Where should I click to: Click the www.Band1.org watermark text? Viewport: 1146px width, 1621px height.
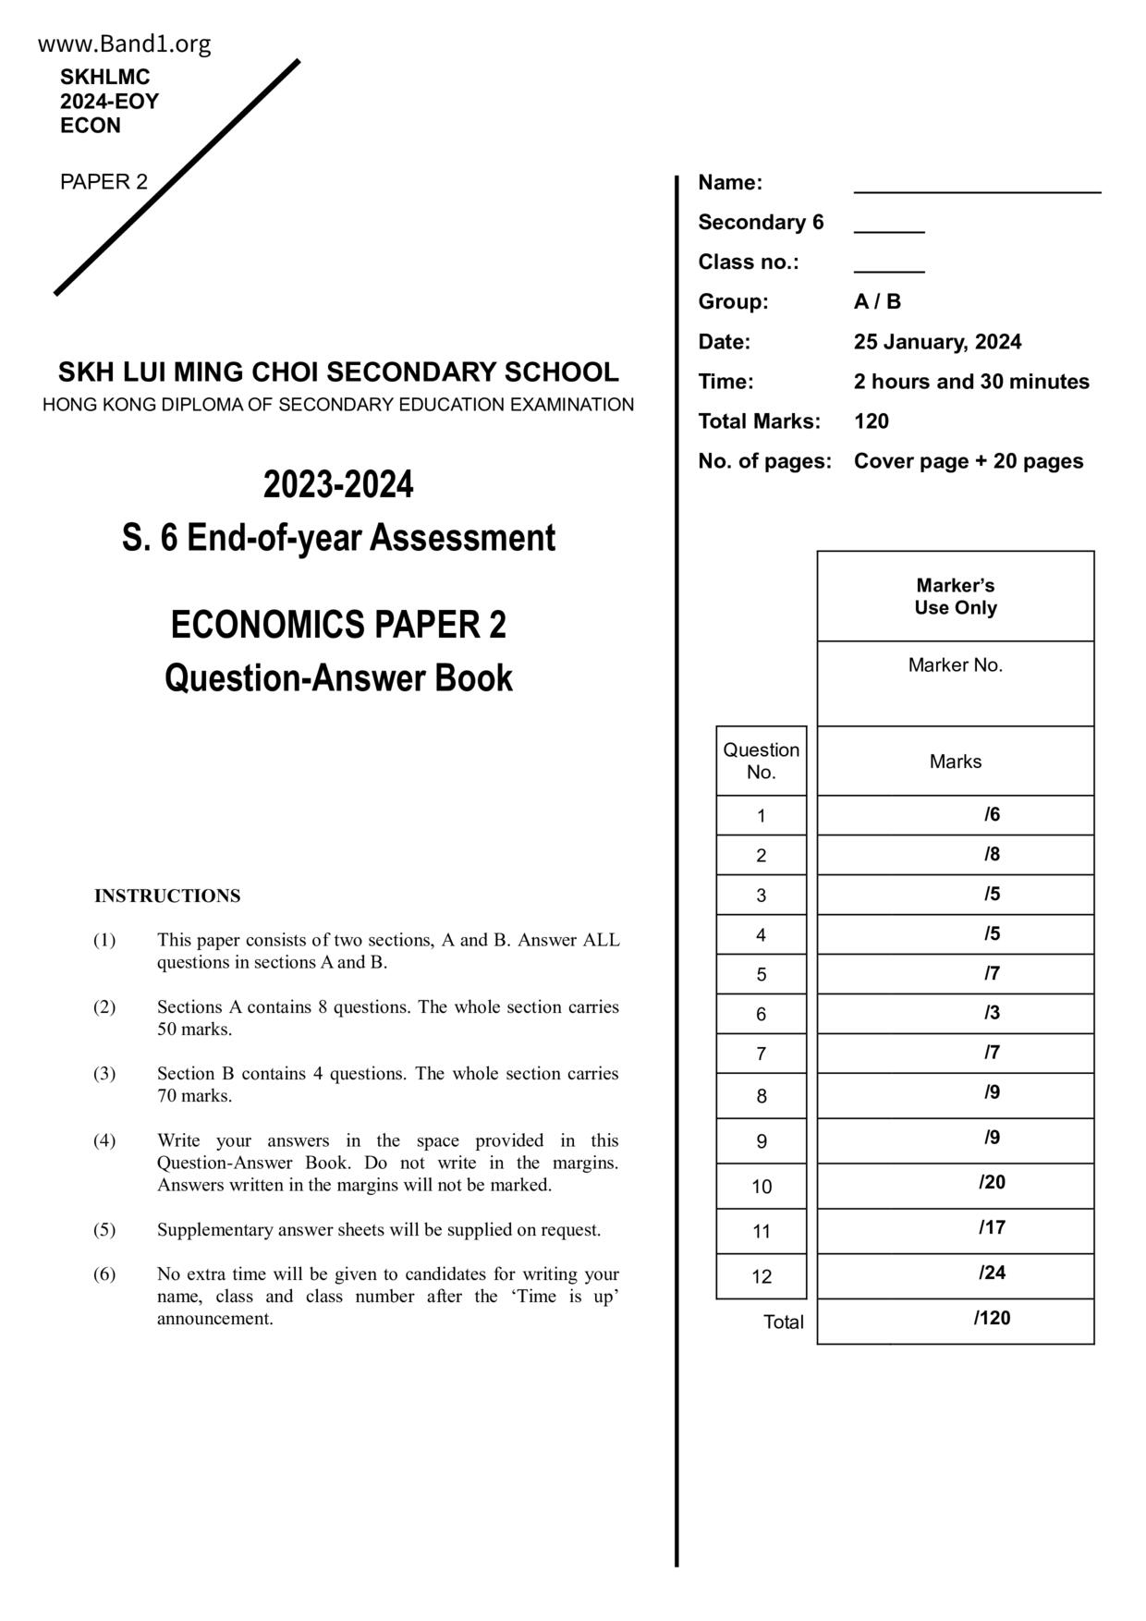coord(125,43)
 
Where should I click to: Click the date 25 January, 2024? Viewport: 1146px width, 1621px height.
coord(937,342)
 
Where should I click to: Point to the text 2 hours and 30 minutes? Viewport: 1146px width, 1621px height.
coord(971,382)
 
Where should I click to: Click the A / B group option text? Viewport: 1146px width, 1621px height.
coord(877,302)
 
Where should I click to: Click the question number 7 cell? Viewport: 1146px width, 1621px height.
coord(761,1054)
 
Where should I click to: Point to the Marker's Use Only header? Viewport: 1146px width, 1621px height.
coord(956,597)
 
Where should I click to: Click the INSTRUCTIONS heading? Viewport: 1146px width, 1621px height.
coord(167,896)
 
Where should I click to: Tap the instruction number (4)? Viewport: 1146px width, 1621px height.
coord(104,1140)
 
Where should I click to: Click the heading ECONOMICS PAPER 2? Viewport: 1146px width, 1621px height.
coord(338,626)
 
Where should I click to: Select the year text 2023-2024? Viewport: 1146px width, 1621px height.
coord(338,485)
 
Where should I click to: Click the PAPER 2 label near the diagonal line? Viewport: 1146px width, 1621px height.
coord(104,182)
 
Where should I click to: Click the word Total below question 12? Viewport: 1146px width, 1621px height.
coord(783,1322)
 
